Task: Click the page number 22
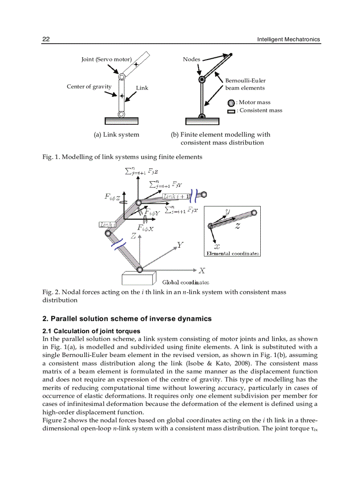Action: [46, 40]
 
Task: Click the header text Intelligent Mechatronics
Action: [289, 40]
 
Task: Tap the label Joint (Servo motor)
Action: [106, 60]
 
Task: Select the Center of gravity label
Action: [89, 86]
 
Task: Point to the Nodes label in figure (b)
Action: [191, 60]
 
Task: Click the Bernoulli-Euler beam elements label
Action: [245, 84]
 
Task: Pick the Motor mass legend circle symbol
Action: [231, 103]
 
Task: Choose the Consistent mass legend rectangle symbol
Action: [231, 111]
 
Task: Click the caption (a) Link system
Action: [116, 134]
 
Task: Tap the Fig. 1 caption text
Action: [122, 156]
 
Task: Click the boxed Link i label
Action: [107, 225]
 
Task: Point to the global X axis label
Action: [202, 270]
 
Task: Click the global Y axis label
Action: [180, 245]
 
